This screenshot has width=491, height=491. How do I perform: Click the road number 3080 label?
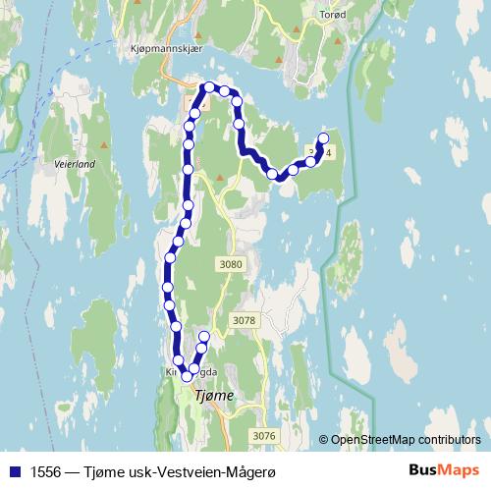coord(232,264)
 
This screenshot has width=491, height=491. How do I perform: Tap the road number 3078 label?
coord(245,320)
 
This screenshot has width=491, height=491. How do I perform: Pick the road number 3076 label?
coord(263,435)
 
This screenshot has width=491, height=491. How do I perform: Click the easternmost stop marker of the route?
coord(323,138)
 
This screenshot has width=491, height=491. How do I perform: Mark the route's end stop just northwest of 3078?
coord(204,337)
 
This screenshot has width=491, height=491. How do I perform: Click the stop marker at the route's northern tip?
coord(208,87)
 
